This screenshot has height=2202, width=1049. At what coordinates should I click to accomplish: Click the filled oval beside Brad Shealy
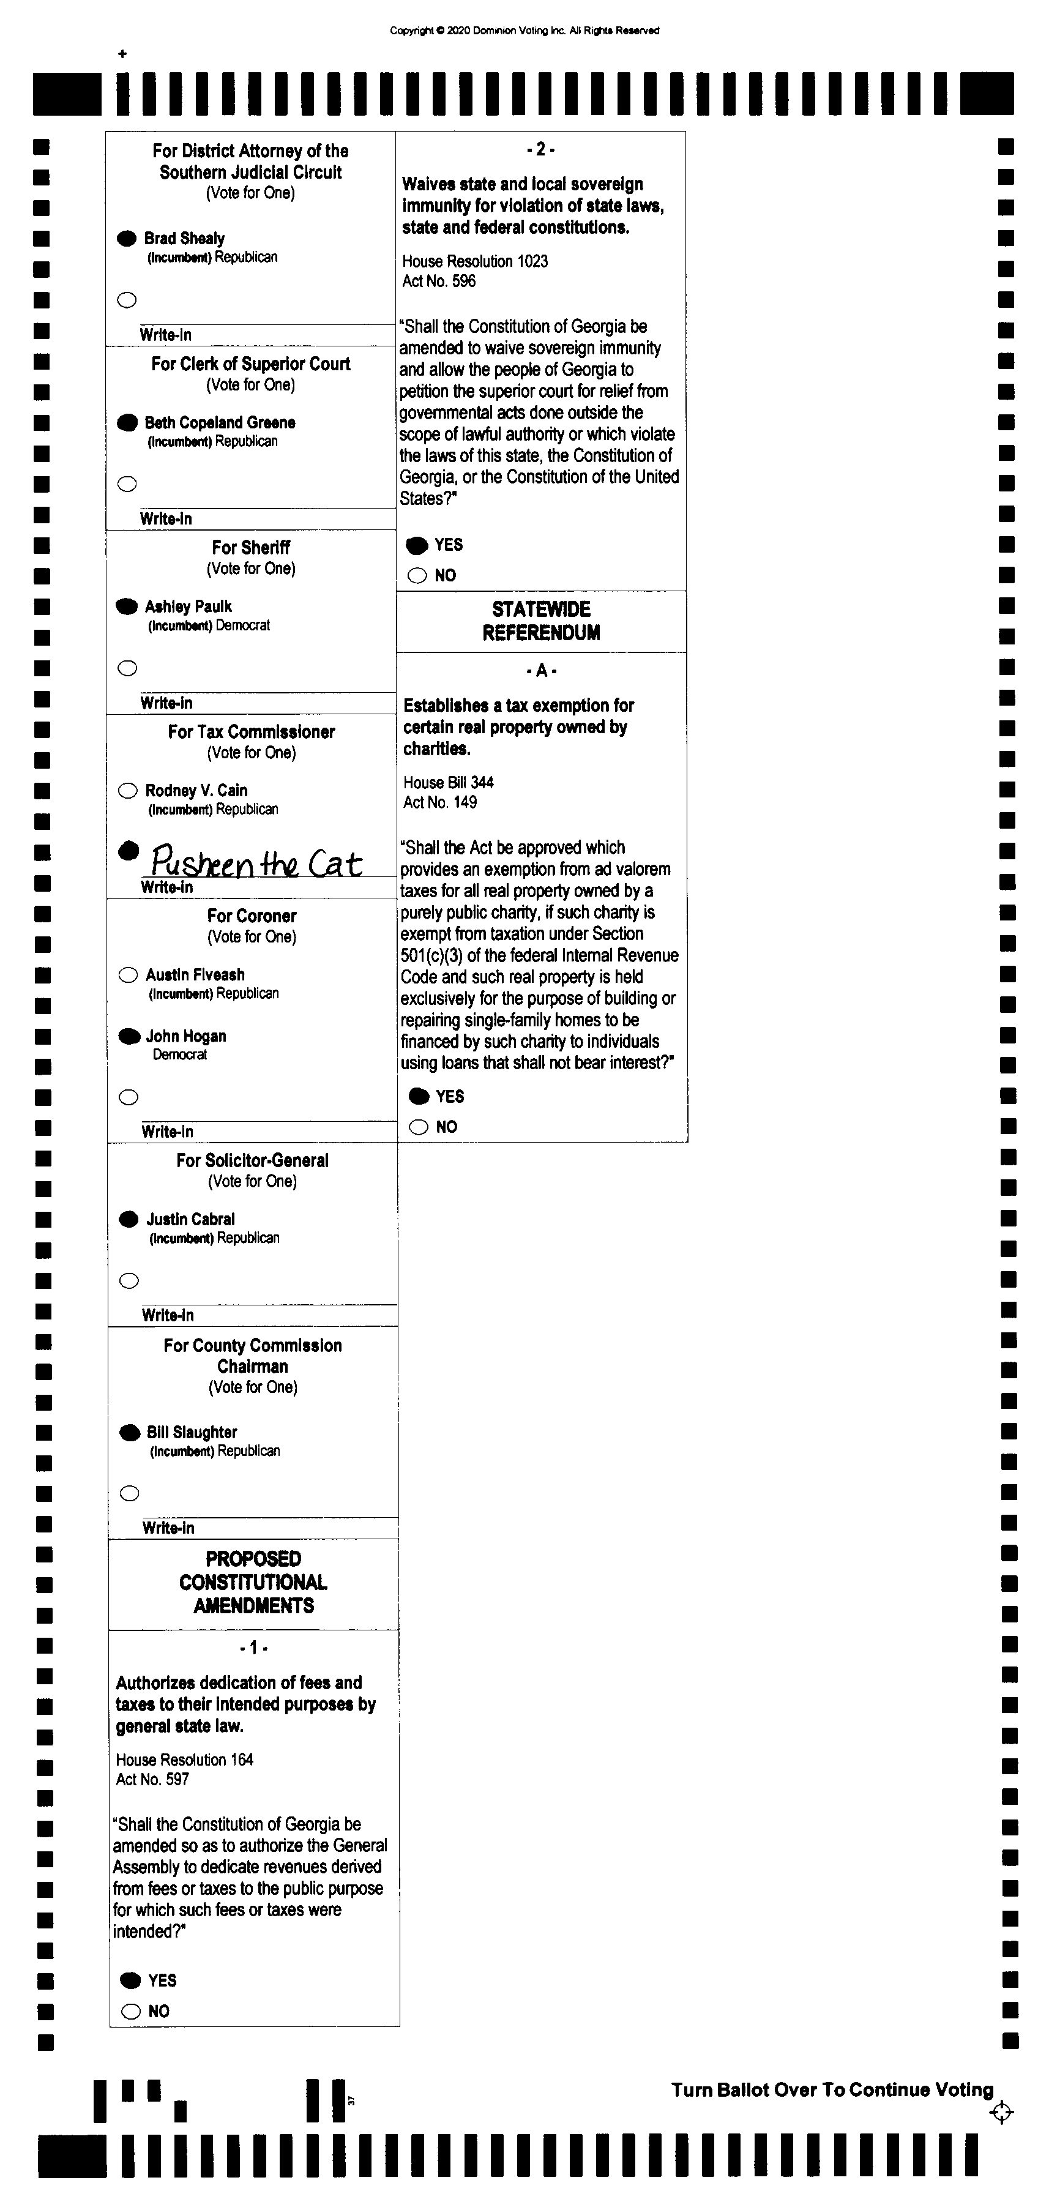click(127, 239)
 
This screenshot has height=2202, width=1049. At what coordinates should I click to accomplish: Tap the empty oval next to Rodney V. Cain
click(127, 791)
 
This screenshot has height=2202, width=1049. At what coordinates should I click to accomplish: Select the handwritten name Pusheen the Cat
click(256, 862)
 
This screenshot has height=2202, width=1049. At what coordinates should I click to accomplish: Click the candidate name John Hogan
click(185, 1036)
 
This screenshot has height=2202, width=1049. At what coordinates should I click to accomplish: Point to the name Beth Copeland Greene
click(220, 422)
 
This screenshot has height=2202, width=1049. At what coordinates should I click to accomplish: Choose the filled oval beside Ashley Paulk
click(127, 606)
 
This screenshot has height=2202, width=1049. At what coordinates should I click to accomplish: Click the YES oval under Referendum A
click(419, 1096)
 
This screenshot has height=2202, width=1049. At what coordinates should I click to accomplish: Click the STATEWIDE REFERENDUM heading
click(541, 621)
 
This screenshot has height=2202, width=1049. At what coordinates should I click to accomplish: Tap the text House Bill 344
click(448, 782)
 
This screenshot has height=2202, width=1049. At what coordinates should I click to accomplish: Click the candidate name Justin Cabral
click(190, 1219)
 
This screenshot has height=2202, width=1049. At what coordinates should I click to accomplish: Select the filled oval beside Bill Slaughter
click(130, 1433)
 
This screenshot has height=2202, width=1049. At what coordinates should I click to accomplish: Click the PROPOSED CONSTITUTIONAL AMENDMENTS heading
click(253, 1582)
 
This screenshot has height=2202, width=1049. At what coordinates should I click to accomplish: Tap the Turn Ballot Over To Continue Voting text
click(832, 2090)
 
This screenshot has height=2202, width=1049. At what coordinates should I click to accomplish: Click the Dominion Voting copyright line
click(524, 31)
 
